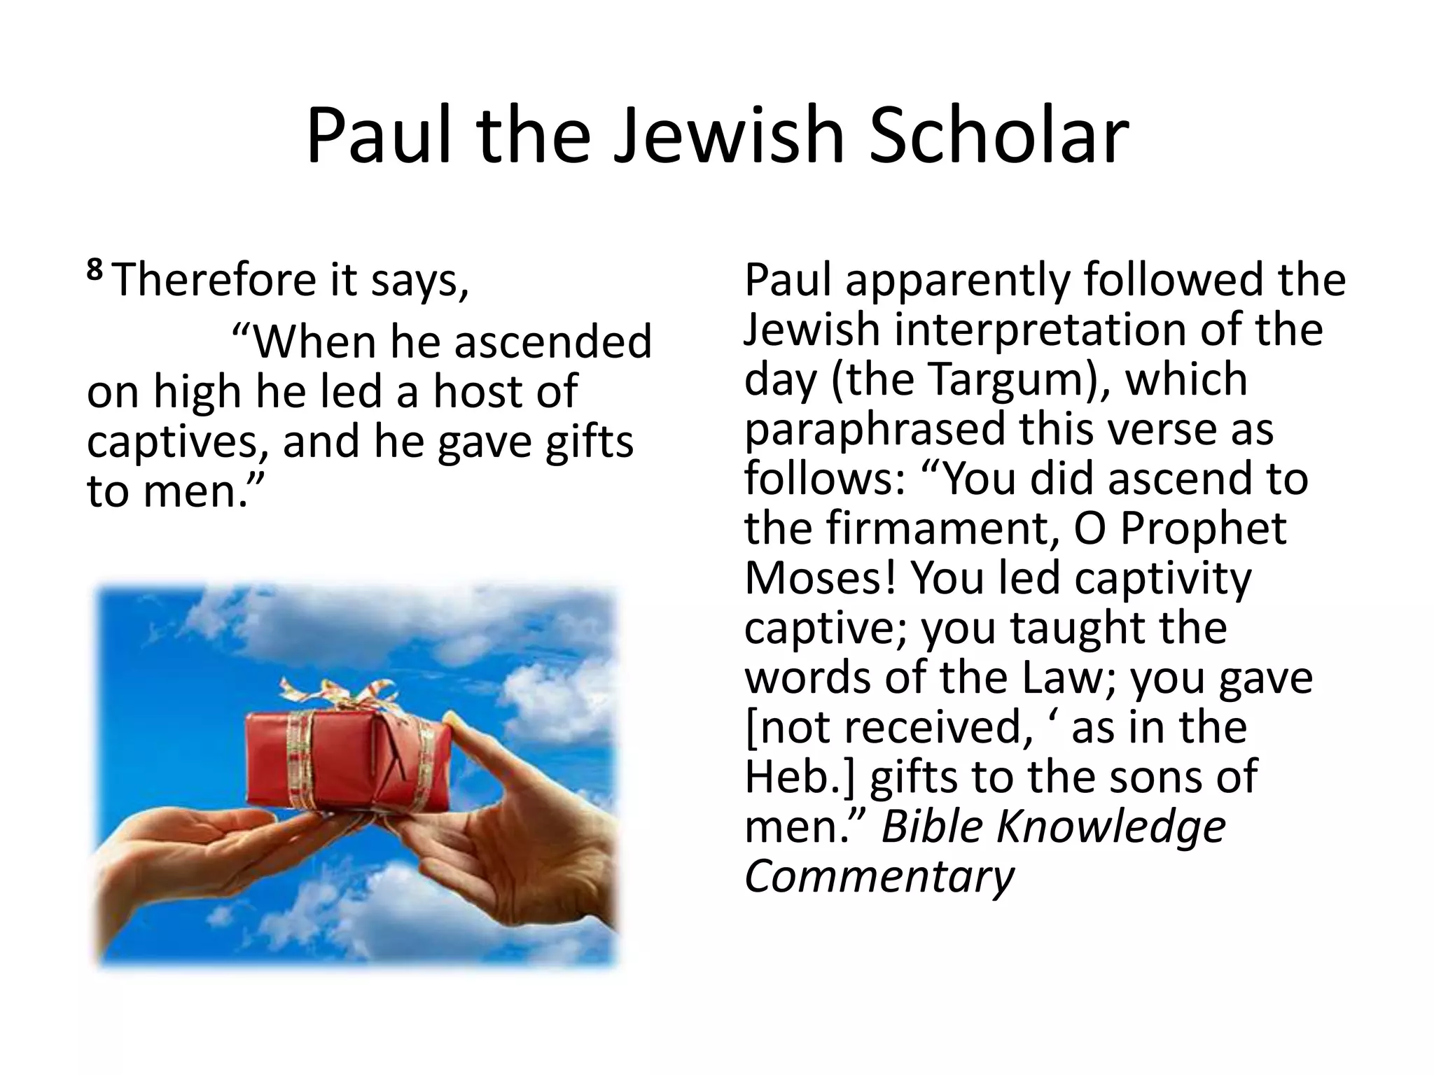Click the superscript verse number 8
[x=95, y=269]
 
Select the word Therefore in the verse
[x=214, y=279]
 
